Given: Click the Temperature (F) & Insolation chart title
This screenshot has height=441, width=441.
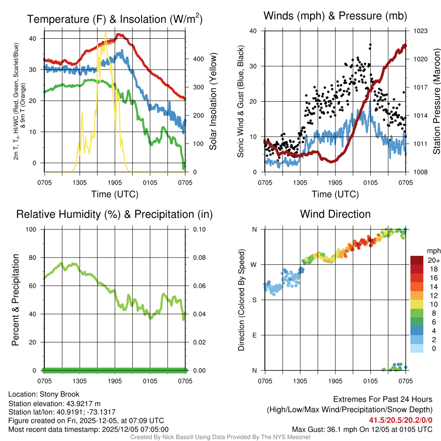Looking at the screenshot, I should point(115,19).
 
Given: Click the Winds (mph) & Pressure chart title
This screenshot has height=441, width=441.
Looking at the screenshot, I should point(335,16).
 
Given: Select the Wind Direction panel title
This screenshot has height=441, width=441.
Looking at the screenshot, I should point(335,214).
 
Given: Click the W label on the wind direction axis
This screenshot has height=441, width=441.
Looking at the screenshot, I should point(254,264).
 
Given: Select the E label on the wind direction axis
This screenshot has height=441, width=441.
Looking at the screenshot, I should point(254,335).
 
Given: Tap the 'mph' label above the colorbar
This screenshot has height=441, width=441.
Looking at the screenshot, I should point(433,251).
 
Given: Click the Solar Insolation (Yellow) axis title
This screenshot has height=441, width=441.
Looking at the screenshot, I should point(213,102).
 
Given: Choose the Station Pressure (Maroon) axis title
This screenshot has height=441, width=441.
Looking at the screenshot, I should point(436,102).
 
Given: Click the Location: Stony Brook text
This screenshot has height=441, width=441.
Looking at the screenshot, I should point(44,394).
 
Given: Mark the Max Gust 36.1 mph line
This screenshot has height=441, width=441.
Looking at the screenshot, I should point(362,429).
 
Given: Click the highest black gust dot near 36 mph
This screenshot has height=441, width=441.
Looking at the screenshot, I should point(370,44).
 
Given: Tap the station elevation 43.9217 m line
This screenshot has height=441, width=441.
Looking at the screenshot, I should point(54,403).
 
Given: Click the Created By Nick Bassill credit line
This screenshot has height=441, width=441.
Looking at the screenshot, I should point(220,437).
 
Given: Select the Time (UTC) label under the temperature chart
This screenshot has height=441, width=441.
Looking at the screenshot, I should point(115,194).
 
